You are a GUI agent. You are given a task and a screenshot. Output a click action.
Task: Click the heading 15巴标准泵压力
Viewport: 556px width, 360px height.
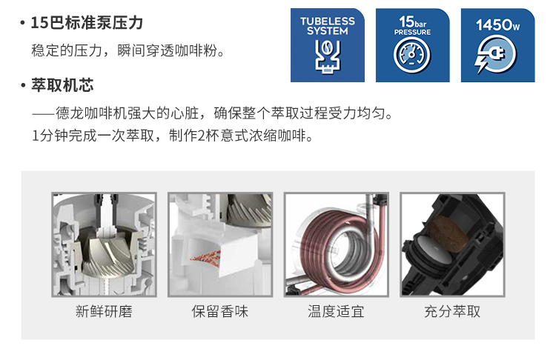87,23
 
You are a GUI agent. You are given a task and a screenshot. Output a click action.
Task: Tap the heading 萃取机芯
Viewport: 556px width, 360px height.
62,85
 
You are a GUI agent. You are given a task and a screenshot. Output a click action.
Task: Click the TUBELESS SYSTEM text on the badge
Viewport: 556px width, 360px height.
327,26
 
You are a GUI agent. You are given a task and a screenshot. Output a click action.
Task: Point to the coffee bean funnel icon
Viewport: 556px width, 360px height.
328,56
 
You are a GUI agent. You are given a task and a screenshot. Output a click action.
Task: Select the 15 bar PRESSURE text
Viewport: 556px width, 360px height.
412,25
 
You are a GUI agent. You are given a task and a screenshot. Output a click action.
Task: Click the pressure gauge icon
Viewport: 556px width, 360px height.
412,55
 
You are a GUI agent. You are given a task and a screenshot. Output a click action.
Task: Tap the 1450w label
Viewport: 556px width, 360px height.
497,25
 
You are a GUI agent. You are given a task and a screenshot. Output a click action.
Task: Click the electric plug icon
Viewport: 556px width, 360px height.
495,55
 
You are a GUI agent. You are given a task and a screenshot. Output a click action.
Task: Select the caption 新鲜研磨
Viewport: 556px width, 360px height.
104,312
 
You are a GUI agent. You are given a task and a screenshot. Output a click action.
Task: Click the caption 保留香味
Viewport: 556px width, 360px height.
220,312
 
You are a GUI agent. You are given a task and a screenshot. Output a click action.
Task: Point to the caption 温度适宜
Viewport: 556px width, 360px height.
336,312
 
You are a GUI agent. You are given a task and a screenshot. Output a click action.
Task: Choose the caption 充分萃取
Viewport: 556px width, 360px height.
452,312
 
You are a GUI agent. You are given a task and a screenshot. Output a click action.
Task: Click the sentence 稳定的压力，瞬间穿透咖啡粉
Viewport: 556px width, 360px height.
124,50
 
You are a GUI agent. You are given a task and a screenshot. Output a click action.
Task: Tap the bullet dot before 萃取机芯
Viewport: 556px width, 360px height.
23,86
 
